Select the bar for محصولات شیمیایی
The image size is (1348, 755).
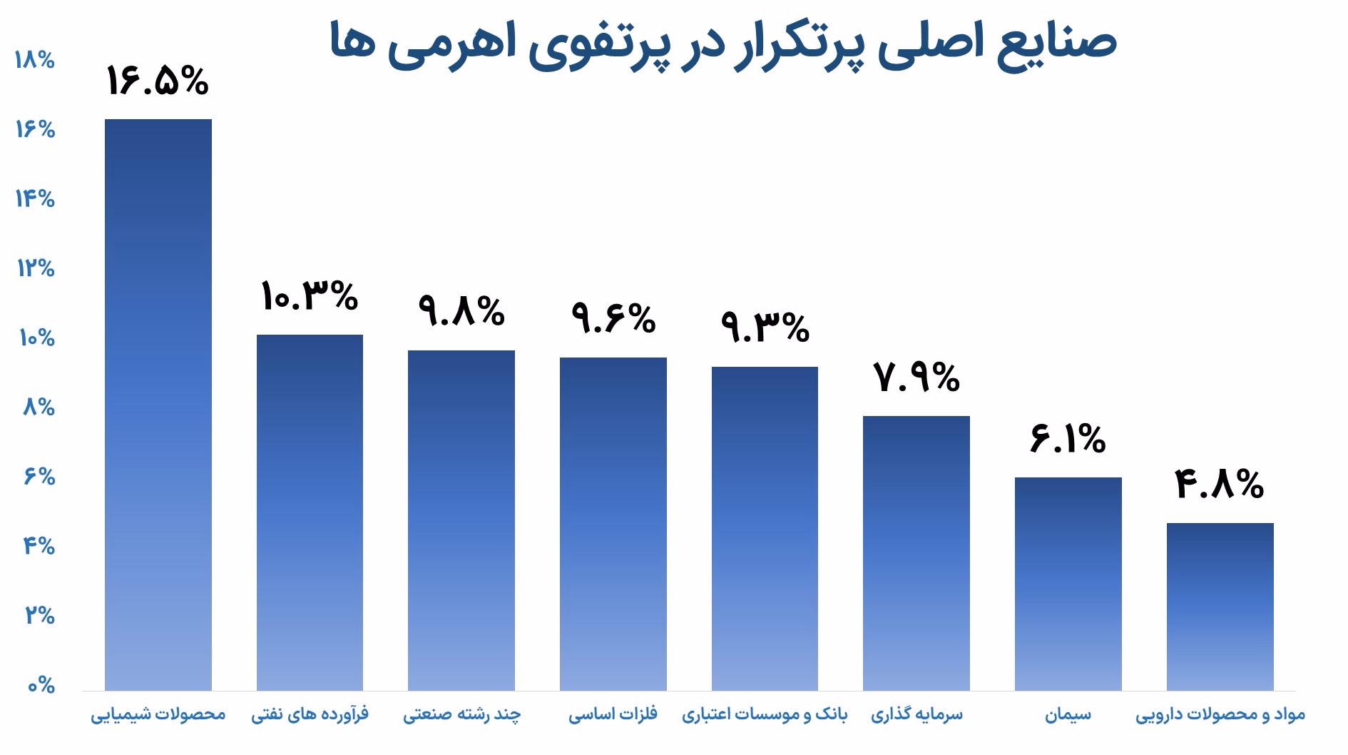pyautogui.click(x=158, y=405)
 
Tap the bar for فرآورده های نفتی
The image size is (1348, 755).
pyautogui.click(x=310, y=512)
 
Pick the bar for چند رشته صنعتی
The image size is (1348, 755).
pyautogui.click(x=461, y=520)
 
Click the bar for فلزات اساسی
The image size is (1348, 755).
pyautogui.click(x=613, y=524)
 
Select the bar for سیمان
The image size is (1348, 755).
pyautogui.click(x=1068, y=584)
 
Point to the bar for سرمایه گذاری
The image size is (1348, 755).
pyautogui.click(x=916, y=553)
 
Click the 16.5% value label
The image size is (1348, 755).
pyautogui.click(x=158, y=81)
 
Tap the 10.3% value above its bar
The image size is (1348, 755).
pyautogui.click(x=310, y=295)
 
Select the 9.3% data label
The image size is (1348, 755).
pyautogui.click(x=765, y=327)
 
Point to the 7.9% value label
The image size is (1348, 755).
pyautogui.click(x=916, y=377)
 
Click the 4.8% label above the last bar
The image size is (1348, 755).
pyautogui.click(x=1220, y=484)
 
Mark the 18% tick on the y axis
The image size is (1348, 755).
pyautogui.click(x=34, y=60)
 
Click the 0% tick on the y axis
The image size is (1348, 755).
pyautogui.click(x=41, y=686)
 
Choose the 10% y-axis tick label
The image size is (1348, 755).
pyautogui.click(x=36, y=338)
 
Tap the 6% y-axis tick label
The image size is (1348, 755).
pyautogui.click(x=40, y=476)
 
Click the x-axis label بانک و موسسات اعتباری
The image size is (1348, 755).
pyautogui.click(x=765, y=714)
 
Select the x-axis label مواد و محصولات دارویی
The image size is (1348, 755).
pyautogui.click(x=1220, y=714)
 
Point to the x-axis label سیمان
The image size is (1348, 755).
pyautogui.click(x=1068, y=714)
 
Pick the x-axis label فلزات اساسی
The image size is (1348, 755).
pyautogui.click(x=613, y=714)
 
